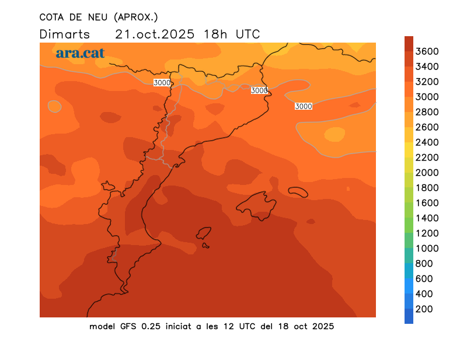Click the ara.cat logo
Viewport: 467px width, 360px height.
[x=80, y=53]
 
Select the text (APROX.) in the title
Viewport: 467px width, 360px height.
[x=137, y=17]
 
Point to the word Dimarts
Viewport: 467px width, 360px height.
[x=65, y=34]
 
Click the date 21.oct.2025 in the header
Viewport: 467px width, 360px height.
[x=155, y=34]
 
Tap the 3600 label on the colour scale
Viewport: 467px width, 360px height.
[x=427, y=51]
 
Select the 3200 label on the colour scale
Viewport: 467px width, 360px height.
[x=427, y=82]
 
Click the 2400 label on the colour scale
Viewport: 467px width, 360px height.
[x=427, y=142]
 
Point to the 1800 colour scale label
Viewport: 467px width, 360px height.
[x=427, y=188]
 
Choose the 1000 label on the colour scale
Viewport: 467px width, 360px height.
[x=427, y=249]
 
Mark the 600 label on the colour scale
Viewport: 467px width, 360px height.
[x=424, y=279]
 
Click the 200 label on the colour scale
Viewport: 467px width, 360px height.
[x=424, y=309]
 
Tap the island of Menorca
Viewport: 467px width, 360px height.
[x=298, y=192]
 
